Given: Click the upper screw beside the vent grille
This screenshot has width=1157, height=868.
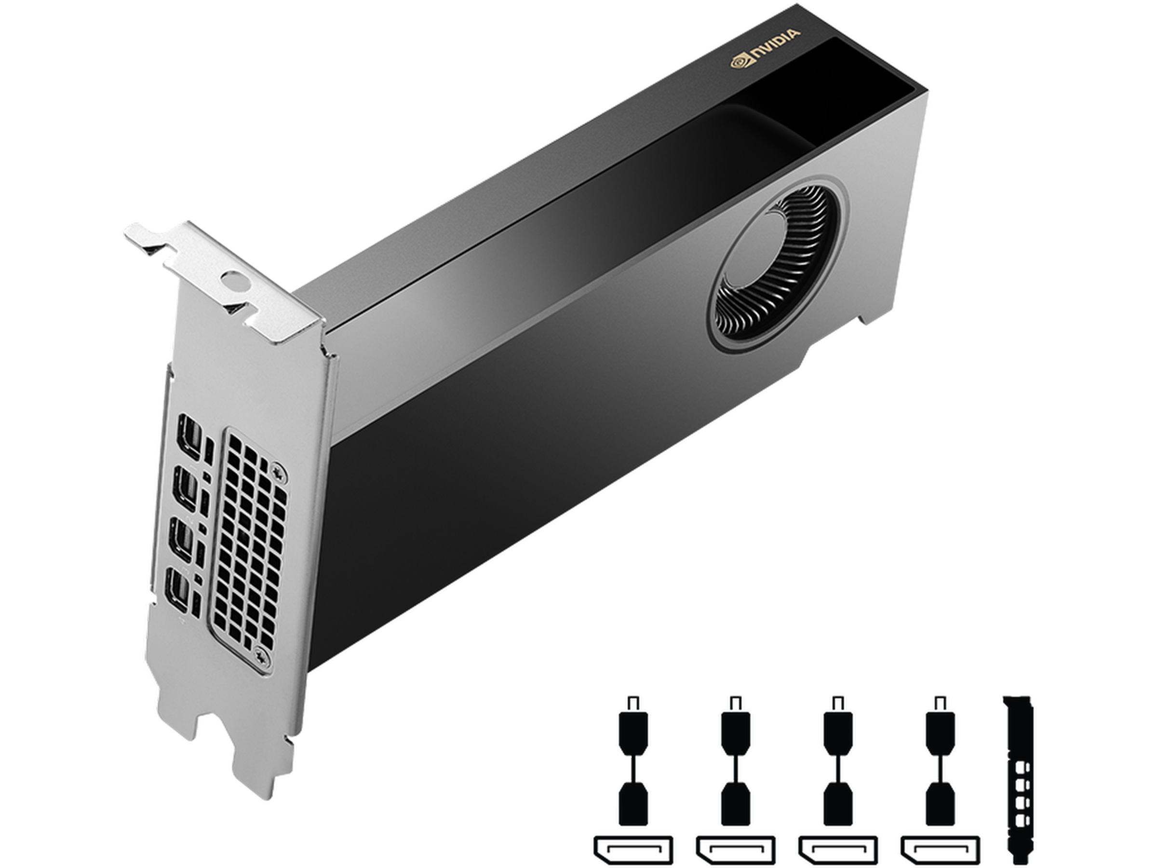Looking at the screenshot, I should (x=279, y=472).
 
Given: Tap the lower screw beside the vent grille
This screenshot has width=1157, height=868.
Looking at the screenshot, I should (x=260, y=654).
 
